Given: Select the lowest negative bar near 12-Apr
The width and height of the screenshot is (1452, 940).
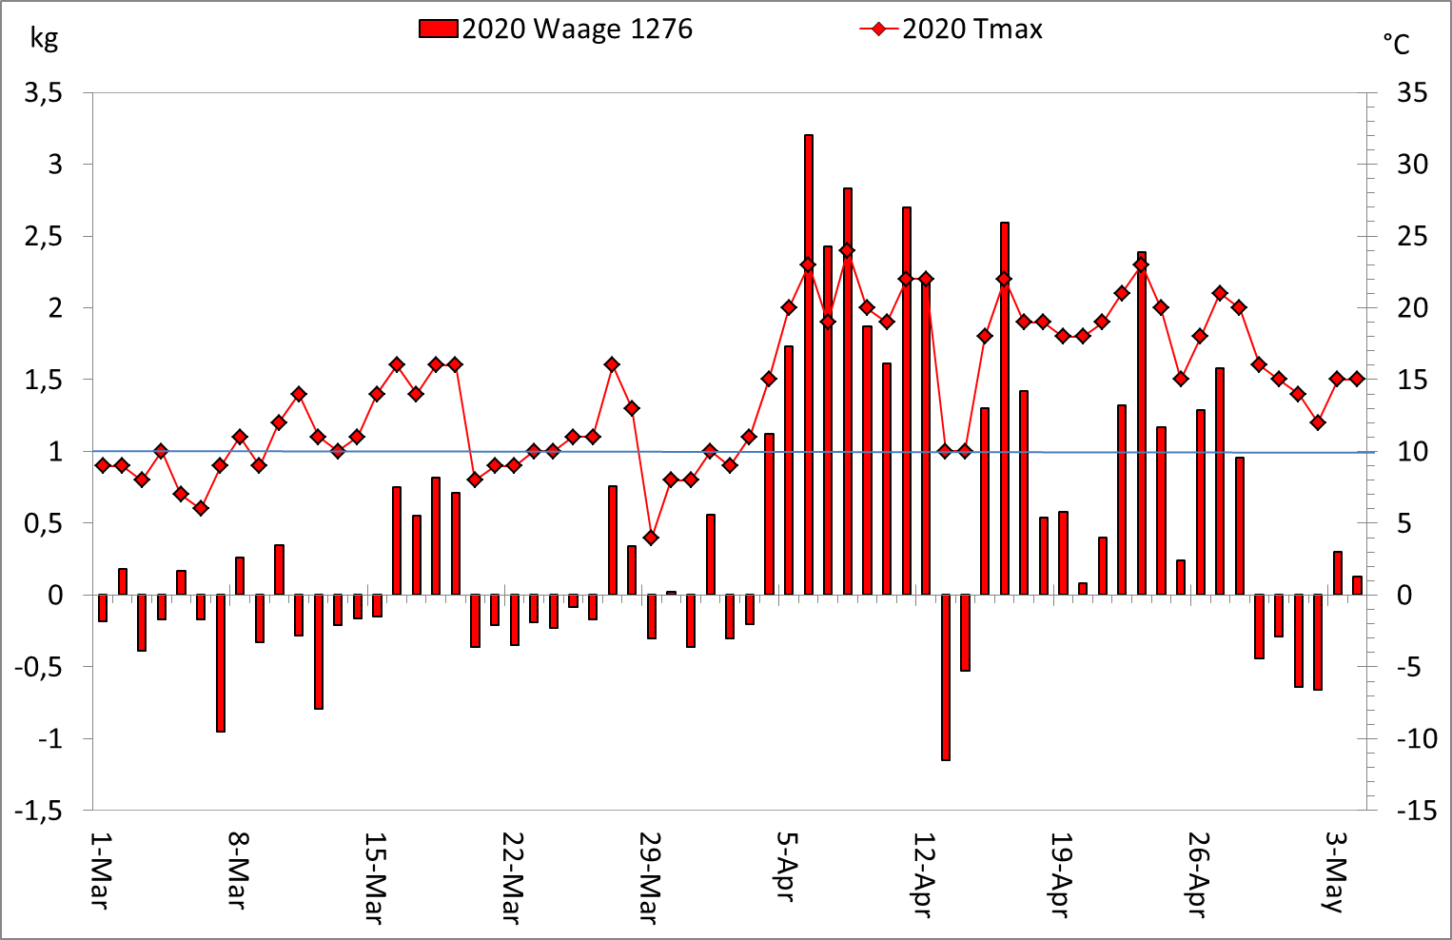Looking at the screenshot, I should coord(946,677).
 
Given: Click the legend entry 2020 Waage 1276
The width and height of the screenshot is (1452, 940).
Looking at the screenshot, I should coord(557,29).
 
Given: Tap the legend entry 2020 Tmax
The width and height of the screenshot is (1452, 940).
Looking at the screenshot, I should coord(952,29).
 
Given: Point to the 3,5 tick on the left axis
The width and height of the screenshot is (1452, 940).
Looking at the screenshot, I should coord(44,93).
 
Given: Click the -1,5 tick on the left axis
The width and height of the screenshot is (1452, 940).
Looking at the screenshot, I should coord(40,811).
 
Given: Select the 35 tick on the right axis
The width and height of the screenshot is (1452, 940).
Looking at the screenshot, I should coord(1412,93).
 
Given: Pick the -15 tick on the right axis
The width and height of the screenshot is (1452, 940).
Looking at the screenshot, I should coord(1416,811).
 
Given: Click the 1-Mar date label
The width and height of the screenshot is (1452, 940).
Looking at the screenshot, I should coord(101,870).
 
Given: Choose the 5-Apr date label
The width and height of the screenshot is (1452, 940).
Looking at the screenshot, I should coord(787,867).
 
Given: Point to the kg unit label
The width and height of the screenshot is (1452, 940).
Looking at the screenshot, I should coord(44,38).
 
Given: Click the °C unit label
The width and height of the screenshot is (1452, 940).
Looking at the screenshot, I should coord(1396,44).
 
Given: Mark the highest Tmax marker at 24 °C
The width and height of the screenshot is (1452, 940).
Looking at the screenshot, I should coord(847,251).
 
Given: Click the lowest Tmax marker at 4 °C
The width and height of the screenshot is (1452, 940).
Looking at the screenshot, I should coord(651,538).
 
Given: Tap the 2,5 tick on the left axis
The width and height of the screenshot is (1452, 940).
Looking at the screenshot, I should coord(44,237).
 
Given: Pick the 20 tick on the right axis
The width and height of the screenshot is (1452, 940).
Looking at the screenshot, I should coord(1412,308).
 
